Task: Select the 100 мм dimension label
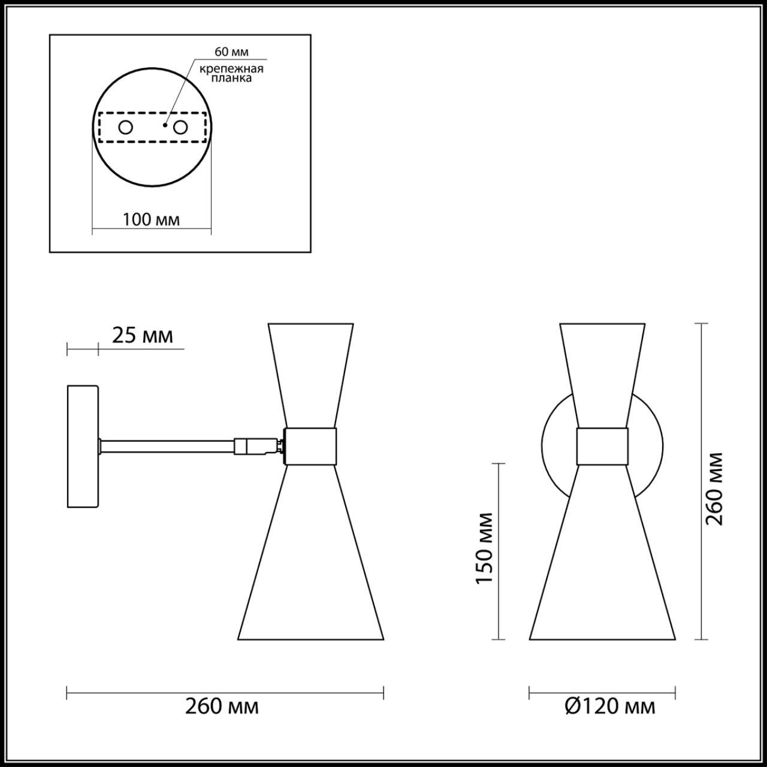151,219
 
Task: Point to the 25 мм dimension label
143,336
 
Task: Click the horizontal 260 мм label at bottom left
222,707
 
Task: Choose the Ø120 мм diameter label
610,707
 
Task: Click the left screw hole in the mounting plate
126,127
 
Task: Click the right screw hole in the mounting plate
180,127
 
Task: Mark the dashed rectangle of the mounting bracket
152,141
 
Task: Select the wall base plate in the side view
83,446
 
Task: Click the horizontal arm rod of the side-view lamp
168,446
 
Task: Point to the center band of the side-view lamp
310,446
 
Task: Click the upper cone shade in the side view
310,372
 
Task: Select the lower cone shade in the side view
310,557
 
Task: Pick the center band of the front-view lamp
602,446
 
